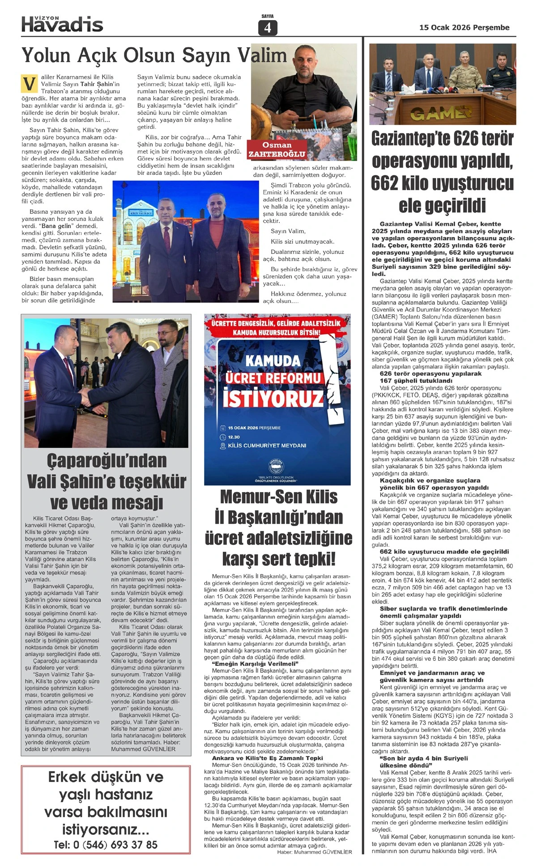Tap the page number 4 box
268,28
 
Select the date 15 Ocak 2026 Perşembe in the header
464,28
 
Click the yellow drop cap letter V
29,84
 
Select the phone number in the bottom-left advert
106,845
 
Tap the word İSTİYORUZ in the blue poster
273,398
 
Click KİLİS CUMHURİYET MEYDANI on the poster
267,446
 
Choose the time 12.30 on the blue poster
234,437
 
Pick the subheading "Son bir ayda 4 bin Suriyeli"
423,758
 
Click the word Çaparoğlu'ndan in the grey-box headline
107,460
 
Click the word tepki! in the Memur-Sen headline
313,559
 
